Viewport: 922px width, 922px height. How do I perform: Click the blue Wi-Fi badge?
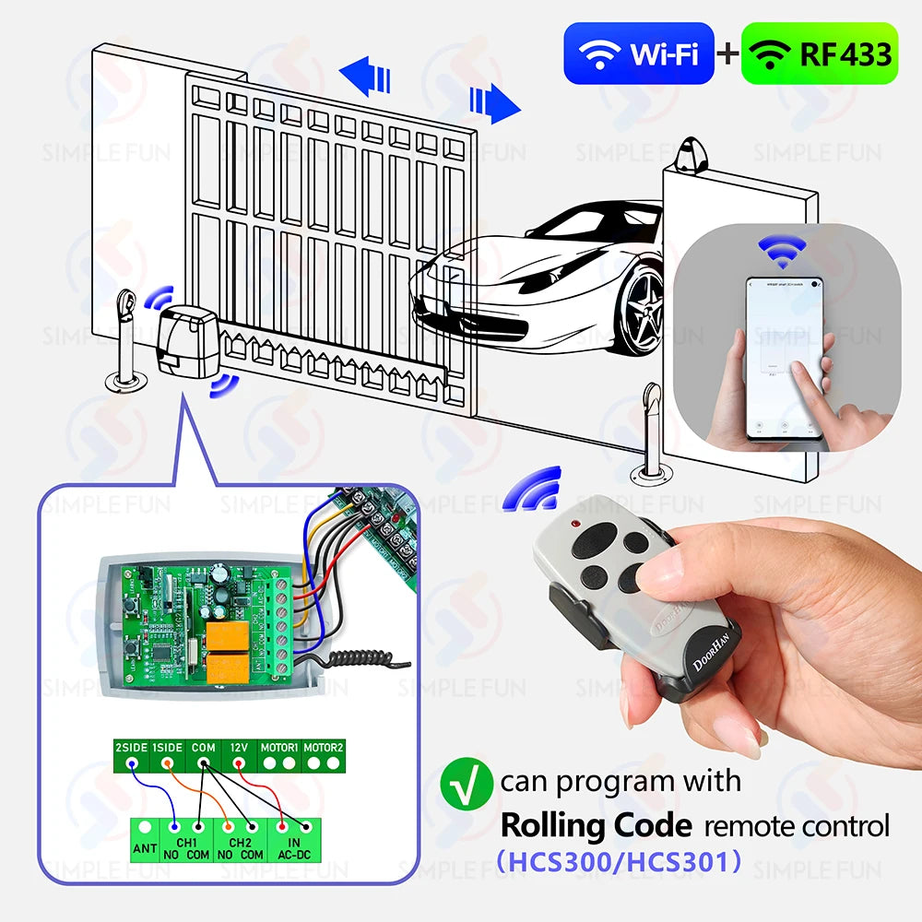(x=638, y=53)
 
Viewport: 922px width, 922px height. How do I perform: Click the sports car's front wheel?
(x=642, y=309)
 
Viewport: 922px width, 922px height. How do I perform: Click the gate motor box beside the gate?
(x=188, y=343)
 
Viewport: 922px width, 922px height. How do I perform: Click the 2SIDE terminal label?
(x=132, y=746)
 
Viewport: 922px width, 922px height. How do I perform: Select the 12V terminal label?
(x=240, y=746)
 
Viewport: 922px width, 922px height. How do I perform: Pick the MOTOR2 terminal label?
(x=324, y=746)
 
